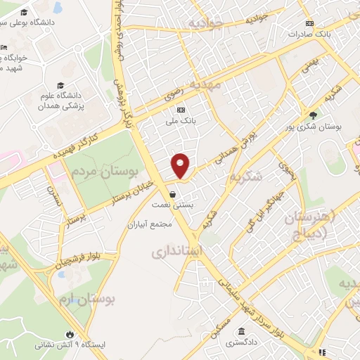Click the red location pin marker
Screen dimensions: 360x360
[181, 165]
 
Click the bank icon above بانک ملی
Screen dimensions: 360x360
[181, 109]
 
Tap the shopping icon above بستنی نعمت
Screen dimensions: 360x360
[172, 195]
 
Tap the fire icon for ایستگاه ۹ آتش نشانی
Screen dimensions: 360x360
[70, 334]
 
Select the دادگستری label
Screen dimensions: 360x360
[241, 342]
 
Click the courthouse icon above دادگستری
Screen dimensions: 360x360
[241, 331]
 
